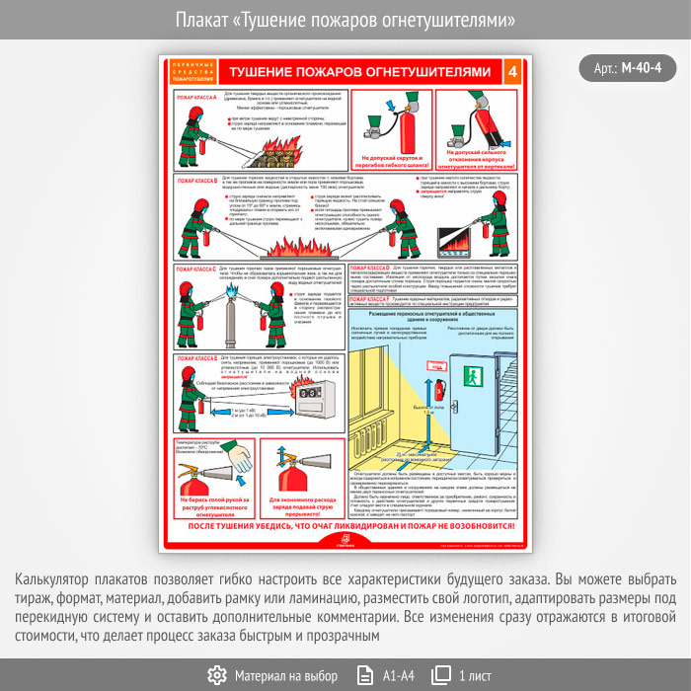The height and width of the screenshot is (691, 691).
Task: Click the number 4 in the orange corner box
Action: [x=510, y=72]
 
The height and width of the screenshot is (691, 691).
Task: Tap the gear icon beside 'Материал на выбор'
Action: [x=217, y=675]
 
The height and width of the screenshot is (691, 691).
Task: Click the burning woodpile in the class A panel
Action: [x=278, y=153]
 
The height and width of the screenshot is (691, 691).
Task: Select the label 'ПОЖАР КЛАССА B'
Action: [x=195, y=182]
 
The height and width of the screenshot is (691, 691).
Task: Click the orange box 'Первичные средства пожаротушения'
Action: [x=190, y=72]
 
